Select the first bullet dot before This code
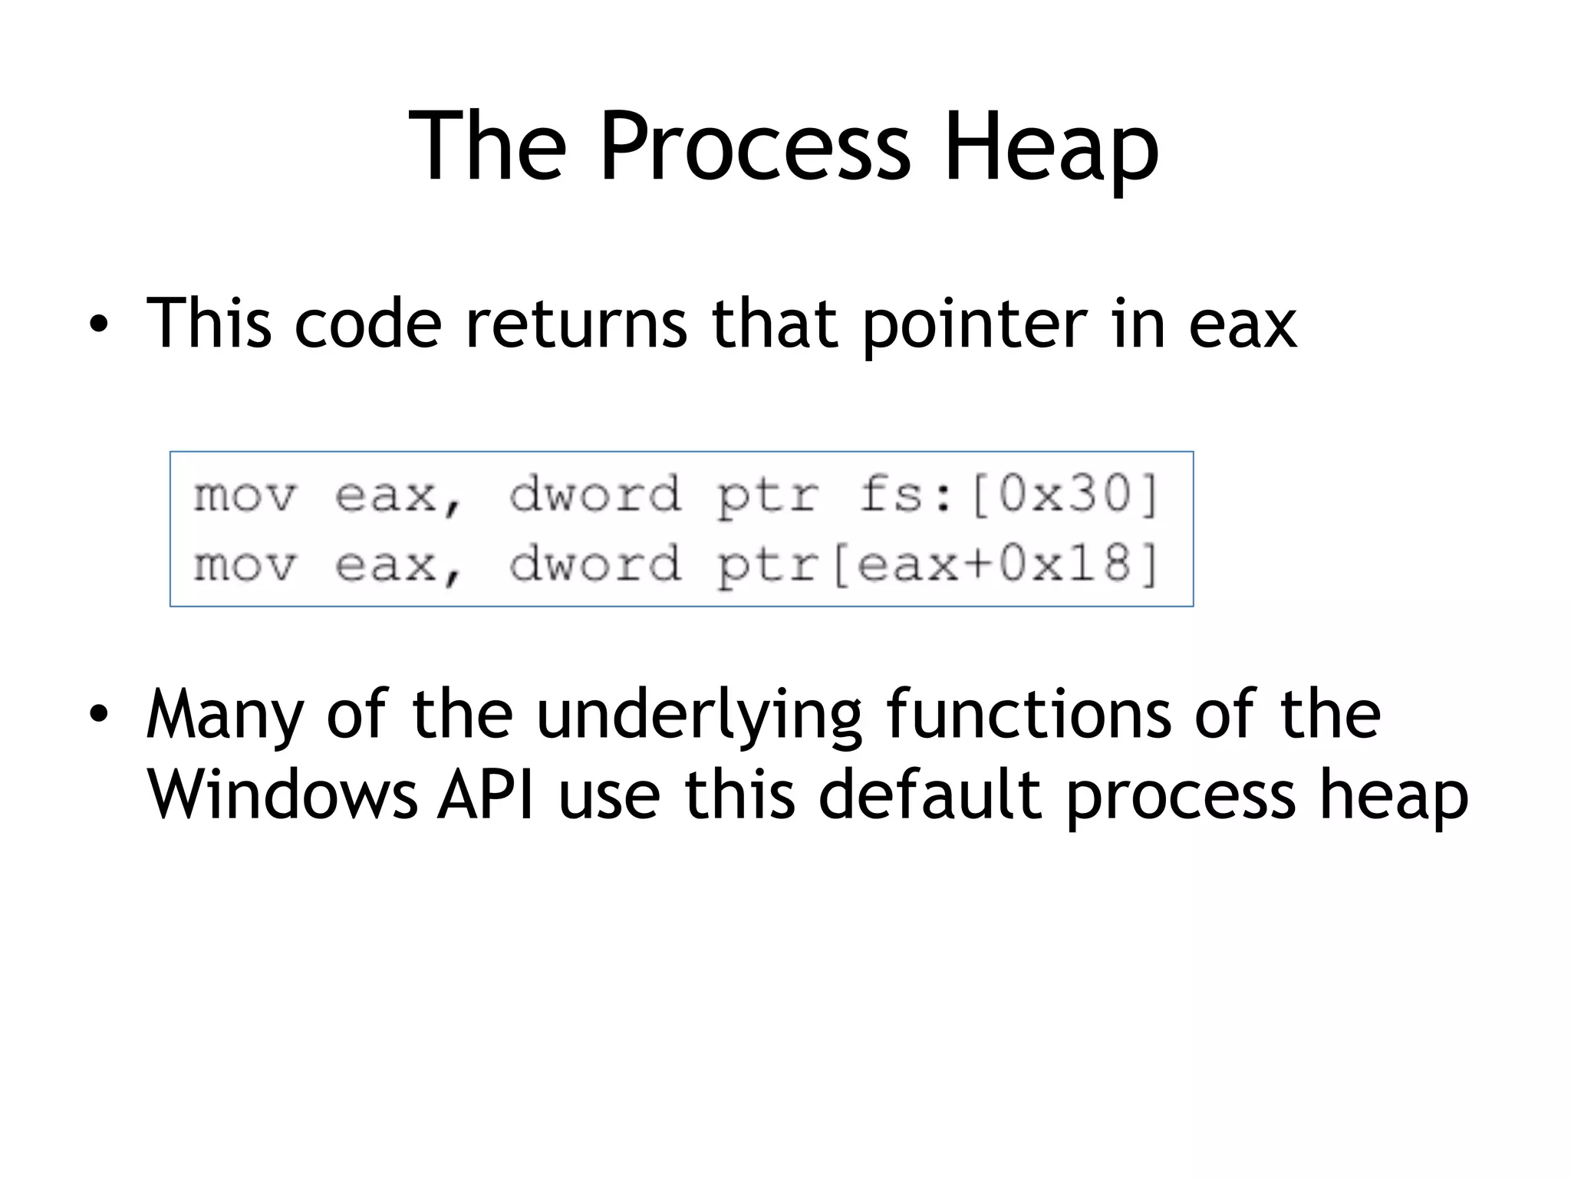pyautogui.click(x=97, y=325)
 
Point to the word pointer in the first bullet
pyautogui.click(x=975, y=325)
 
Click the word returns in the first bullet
pyautogui.click(x=576, y=325)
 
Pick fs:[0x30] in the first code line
pyautogui.click(x=1008, y=494)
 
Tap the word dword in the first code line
pyautogui.click(x=595, y=494)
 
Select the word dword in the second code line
pyautogui.click(x=595, y=565)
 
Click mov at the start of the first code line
pyautogui.click(x=244, y=495)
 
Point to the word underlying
pyautogui.click(x=699, y=715)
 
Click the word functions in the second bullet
pyautogui.click(x=1029, y=715)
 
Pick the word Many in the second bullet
pyautogui.click(x=225, y=715)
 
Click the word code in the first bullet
pyautogui.click(x=368, y=325)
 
